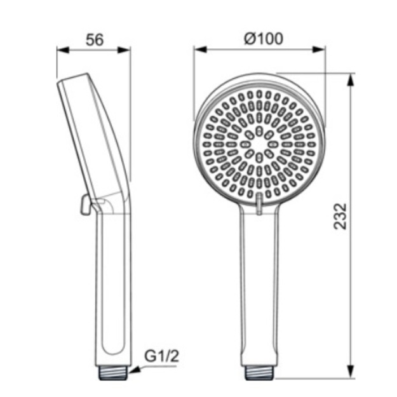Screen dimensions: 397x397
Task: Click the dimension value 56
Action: tap(95, 40)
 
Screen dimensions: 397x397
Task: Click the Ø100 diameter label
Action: tap(264, 39)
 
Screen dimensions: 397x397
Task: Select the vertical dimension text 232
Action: tap(340, 216)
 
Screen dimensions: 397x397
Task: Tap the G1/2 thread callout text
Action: tap(161, 356)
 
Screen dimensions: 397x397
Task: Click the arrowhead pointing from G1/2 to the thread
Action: tap(135, 370)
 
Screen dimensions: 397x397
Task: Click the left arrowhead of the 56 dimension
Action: tap(63, 50)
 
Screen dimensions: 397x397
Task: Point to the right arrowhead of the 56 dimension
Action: tap(124, 50)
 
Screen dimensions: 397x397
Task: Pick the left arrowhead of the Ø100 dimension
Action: tap(201, 50)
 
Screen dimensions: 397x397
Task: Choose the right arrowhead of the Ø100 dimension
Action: tap(319, 50)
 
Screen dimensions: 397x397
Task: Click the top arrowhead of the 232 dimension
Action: tap(351, 81)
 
